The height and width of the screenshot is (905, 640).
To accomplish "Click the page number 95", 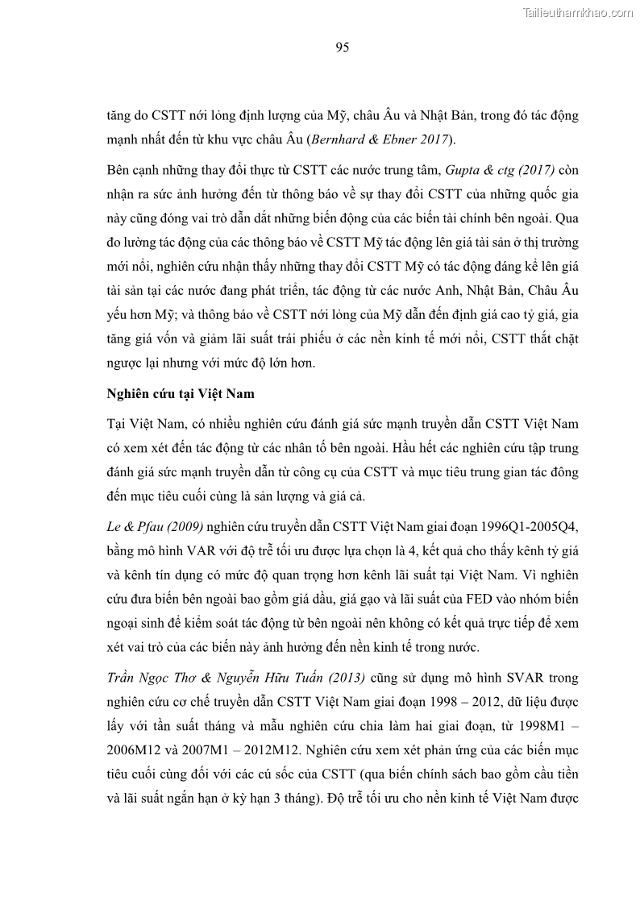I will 342,48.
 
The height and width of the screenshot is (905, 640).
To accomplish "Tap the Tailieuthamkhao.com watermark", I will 578,12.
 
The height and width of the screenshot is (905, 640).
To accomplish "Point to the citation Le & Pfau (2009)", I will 155,527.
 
